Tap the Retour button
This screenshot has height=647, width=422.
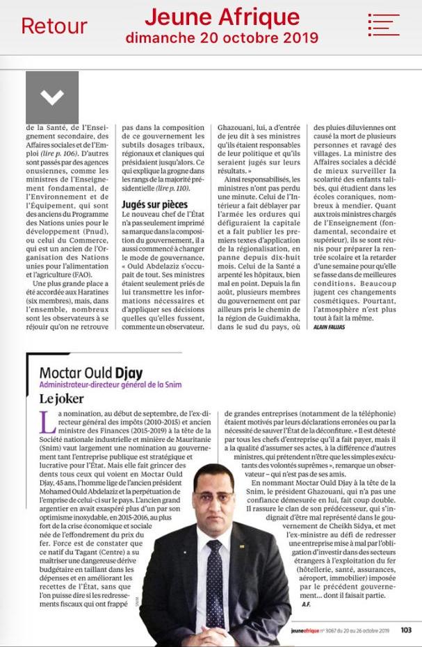[54, 26]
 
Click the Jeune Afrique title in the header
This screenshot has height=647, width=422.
[222, 17]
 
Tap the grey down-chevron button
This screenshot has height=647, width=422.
[52, 97]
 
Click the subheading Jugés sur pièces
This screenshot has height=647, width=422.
[154, 204]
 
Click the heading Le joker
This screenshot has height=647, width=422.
[61, 399]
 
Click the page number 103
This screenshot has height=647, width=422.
[406, 630]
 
